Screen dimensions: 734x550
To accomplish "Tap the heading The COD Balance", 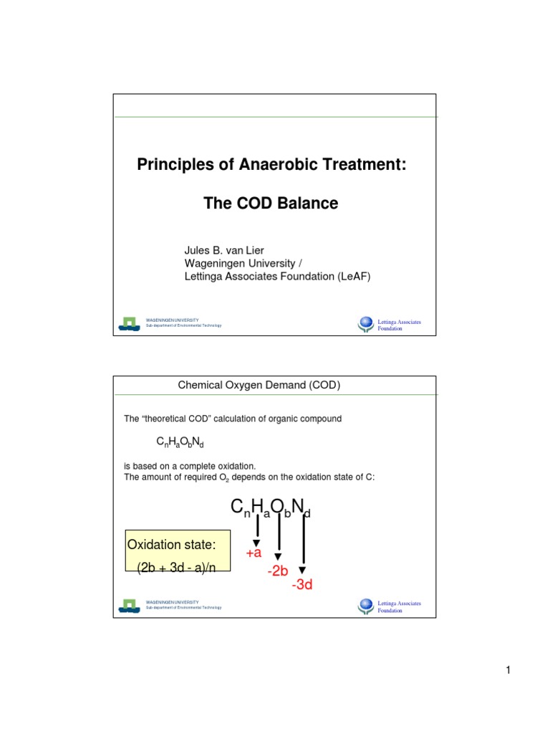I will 271,204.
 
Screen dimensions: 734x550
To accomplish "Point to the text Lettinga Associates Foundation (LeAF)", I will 278,275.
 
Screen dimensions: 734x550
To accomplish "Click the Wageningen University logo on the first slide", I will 129,323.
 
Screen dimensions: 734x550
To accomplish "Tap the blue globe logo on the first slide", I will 366,325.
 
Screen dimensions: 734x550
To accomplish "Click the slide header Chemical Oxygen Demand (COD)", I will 259,386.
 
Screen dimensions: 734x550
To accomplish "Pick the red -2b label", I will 279,571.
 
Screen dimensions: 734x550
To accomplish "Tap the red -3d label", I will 302,586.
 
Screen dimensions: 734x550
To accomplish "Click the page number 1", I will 507,670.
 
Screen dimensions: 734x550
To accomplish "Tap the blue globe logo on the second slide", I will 366,606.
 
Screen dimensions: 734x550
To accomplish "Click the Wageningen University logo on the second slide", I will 129,605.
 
